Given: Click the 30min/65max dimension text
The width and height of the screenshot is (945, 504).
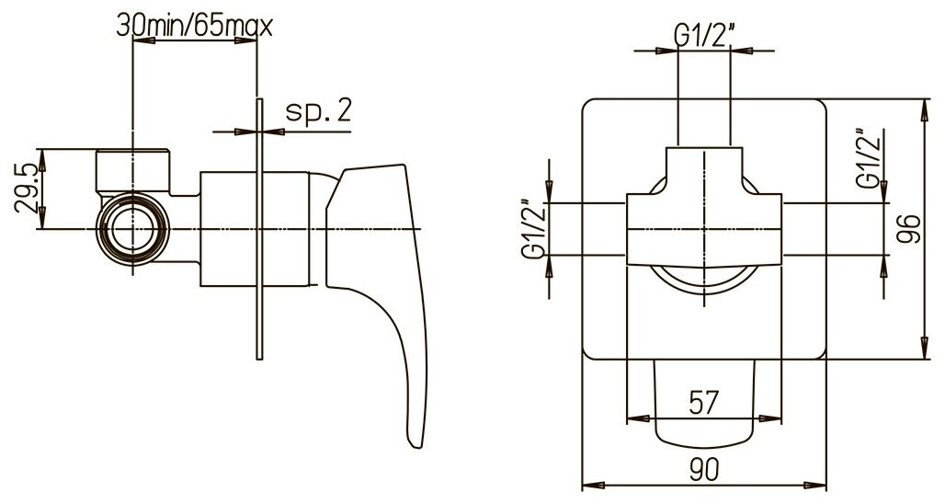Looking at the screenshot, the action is [x=195, y=26].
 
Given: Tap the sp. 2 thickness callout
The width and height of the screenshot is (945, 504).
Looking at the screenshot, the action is [x=318, y=111].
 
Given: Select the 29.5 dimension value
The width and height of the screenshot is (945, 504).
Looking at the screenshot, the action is [x=28, y=189].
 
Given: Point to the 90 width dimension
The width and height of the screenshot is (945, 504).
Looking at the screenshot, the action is [x=704, y=468].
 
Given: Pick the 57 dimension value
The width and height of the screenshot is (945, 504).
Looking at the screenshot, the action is [x=703, y=402].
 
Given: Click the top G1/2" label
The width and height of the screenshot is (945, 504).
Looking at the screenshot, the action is [x=704, y=36].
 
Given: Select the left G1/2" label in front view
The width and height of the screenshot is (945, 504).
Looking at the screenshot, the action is [x=533, y=230].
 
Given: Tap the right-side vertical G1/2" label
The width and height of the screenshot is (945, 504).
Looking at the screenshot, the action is [x=870, y=160].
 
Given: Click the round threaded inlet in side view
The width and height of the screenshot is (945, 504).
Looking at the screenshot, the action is [x=133, y=229].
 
